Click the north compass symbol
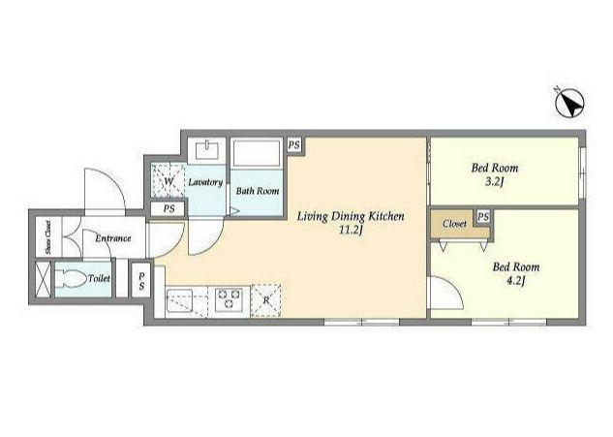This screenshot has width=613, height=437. [x=569, y=104]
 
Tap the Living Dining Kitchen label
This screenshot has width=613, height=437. [x=351, y=216]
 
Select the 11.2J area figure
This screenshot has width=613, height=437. [x=352, y=230]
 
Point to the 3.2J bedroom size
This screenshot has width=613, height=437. [x=494, y=181]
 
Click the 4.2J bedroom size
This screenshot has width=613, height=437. [x=515, y=280]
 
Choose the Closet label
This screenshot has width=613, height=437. [x=454, y=224]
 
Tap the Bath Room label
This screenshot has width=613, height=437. [x=258, y=191]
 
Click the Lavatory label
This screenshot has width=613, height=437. [x=205, y=182]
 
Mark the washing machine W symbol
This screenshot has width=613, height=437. [x=169, y=181]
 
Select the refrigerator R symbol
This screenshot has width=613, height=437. [x=266, y=300]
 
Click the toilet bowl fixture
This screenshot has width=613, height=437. [x=71, y=279]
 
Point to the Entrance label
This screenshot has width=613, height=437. [x=113, y=238]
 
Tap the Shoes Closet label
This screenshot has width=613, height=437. [x=48, y=237]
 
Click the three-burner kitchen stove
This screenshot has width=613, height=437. [x=230, y=299]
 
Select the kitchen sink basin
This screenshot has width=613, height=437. [x=180, y=300]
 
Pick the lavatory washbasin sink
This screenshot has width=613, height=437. [x=207, y=150]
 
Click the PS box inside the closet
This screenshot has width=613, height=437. [x=483, y=217]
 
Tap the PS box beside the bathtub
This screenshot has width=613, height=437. [x=294, y=145]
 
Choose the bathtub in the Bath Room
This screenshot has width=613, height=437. [x=257, y=153]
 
